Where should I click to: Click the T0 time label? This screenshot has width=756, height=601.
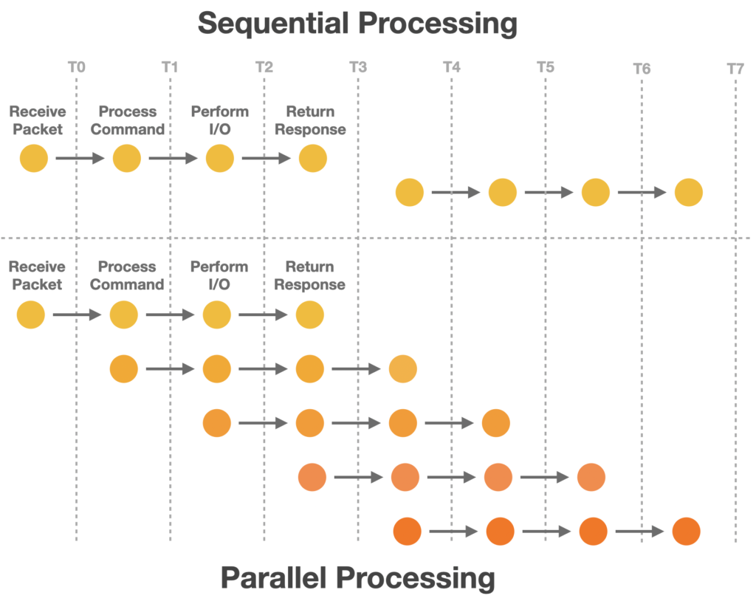(76, 68)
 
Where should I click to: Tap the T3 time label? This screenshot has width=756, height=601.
(358, 68)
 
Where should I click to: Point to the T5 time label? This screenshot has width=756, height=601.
(545, 68)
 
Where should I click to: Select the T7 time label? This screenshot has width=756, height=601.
(735, 69)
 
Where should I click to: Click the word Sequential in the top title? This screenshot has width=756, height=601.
(278, 24)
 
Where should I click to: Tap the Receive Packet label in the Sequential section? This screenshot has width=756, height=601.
(38, 120)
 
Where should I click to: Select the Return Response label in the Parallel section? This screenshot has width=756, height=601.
(315, 275)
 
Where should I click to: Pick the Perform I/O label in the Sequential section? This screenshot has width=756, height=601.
(220, 120)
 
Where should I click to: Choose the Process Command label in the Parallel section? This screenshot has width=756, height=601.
(131, 275)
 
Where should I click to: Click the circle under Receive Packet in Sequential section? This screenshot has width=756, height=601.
(34, 159)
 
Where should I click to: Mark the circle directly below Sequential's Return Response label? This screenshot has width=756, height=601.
(313, 159)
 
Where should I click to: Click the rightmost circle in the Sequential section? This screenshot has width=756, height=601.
(689, 193)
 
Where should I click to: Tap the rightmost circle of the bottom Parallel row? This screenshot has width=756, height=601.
(686, 532)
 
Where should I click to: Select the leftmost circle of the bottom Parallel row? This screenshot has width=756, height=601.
(408, 532)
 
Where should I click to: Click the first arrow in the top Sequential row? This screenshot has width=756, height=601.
(80, 159)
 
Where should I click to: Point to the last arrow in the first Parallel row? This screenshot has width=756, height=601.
(263, 315)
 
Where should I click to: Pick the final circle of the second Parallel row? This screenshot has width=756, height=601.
(403, 368)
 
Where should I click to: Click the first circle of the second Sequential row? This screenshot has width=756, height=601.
(410, 193)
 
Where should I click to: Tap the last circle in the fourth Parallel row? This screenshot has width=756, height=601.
(591, 478)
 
